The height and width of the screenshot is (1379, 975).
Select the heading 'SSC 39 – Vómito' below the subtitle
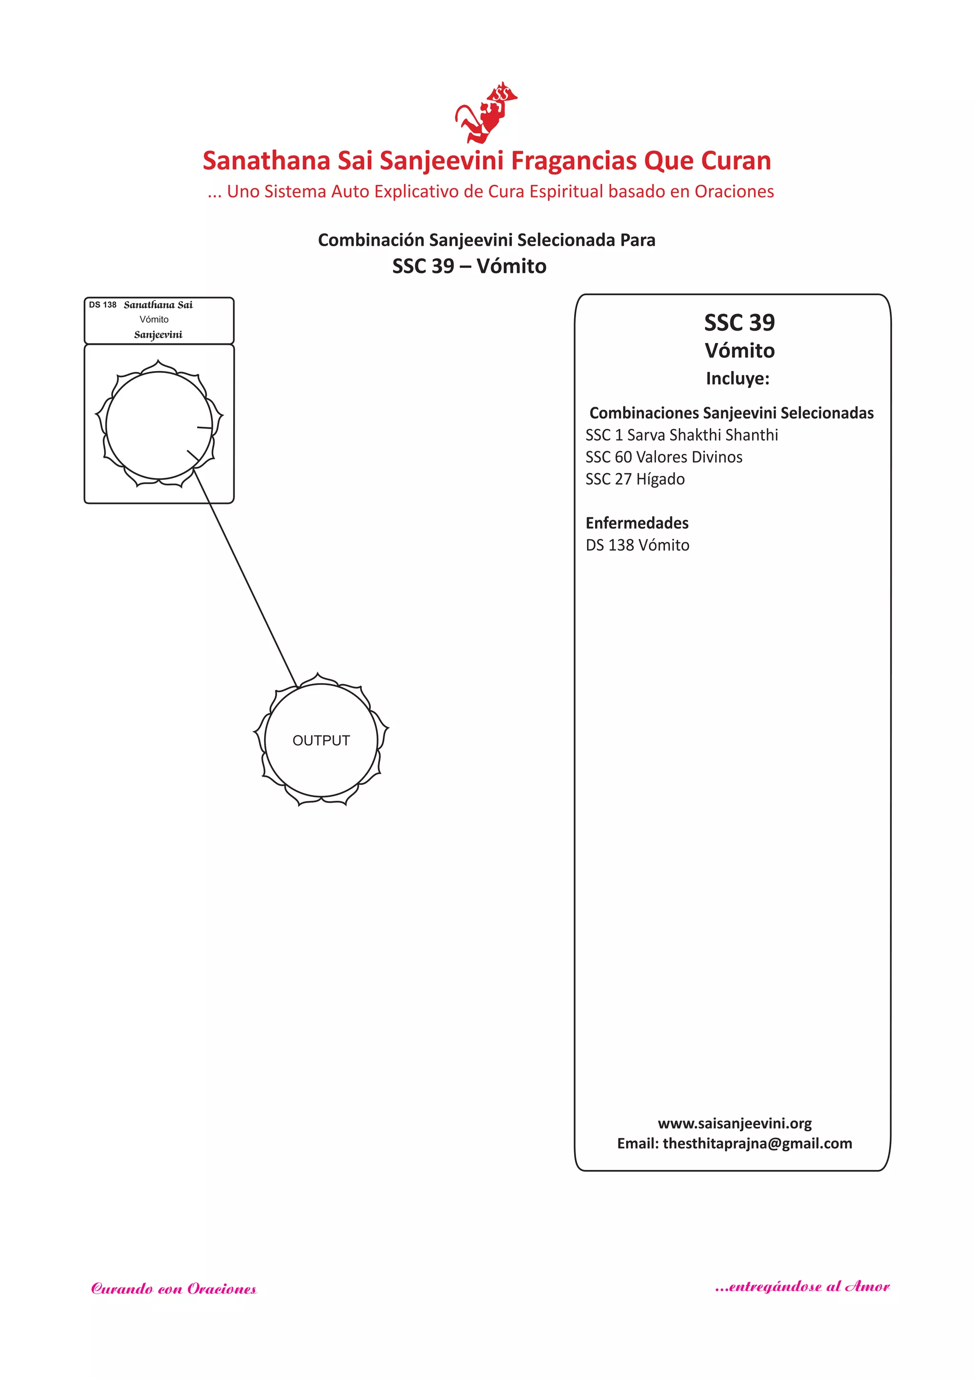tap(469, 266)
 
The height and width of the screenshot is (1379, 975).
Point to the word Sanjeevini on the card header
tap(158, 334)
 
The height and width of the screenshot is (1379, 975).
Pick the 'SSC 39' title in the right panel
tap(739, 323)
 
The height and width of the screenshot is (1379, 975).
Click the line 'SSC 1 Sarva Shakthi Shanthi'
tap(681, 435)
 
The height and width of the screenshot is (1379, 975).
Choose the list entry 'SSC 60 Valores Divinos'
tap(663, 457)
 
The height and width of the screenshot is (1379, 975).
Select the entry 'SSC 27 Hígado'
tap(635, 479)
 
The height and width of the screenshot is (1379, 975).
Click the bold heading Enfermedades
tap(637, 523)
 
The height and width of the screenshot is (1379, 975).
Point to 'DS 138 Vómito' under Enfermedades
tap(637, 545)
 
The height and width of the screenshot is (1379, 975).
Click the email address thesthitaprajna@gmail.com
tap(757, 1144)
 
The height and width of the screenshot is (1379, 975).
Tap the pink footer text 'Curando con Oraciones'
tap(173, 1289)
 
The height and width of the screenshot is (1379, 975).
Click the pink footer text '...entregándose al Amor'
tap(802, 1287)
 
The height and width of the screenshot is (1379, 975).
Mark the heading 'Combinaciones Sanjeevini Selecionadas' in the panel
tap(731, 413)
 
